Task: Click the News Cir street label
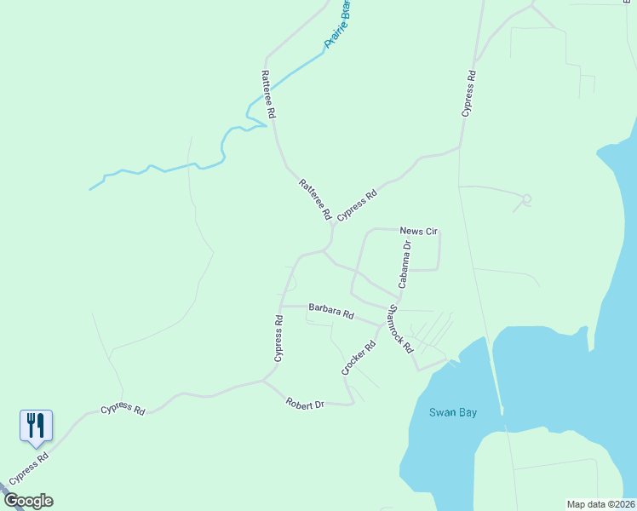pos(418,231)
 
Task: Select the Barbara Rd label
pos(331,311)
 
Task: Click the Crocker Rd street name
pos(359,359)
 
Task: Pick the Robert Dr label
pos(305,403)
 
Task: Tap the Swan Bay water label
pos(451,413)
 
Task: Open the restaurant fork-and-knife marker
pos(36,424)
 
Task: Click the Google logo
pos(28,501)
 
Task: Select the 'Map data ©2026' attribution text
pos(600,504)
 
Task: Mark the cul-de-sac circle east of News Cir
pos(526,199)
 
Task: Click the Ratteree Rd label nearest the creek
pos(268,94)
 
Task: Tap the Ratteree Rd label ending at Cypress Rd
pos(314,199)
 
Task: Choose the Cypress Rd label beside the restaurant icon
pos(29,468)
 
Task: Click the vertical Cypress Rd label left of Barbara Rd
pos(278,339)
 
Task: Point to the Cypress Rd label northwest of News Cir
pos(357,207)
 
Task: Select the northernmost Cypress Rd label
pos(468,94)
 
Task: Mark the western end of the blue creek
pos(90,188)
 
